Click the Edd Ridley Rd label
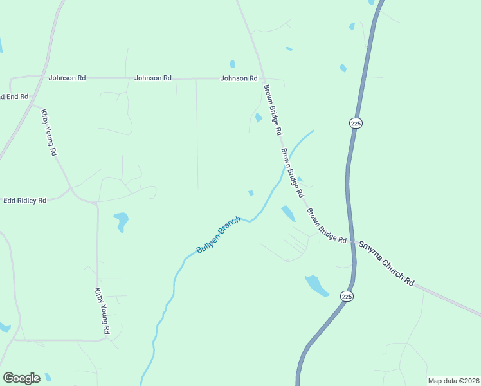coord(25,201)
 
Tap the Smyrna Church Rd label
coord(386,263)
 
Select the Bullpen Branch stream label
coord(219,235)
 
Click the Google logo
coord(21,378)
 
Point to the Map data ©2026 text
coord(453,381)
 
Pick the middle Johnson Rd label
coord(153,78)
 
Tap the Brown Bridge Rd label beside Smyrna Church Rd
coord(327,225)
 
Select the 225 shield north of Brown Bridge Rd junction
coord(356,123)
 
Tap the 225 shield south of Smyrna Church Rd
coord(347,296)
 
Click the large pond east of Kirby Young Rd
coord(121,221)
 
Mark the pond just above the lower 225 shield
coord(316,285)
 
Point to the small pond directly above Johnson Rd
coord(232,64)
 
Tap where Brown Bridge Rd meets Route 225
coord(352,242)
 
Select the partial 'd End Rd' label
coord(14,96)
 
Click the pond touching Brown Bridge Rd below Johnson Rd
coord(259,118)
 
